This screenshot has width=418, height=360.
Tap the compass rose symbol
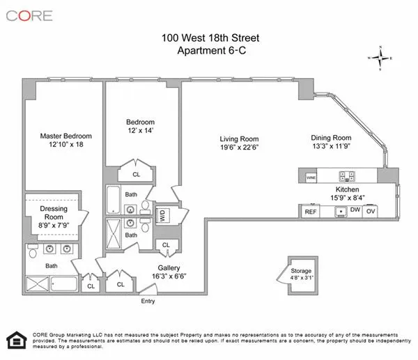click(380, 58)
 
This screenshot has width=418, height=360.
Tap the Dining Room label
click(331, 138)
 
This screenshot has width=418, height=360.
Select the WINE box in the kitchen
click(311, 178)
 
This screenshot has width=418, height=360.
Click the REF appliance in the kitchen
click(310, 210)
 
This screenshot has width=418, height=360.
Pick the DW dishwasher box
click(355, 210)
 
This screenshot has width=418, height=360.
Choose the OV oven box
click(371, 210)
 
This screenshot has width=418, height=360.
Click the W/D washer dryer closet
click(163, 216)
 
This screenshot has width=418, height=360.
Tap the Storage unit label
click(301, 270)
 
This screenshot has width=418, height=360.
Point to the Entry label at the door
click(147, 301)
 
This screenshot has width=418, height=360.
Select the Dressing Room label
click(53, 212)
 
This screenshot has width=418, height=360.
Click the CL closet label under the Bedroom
click(137, 174)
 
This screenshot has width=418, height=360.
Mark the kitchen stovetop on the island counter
click(346, 176)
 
